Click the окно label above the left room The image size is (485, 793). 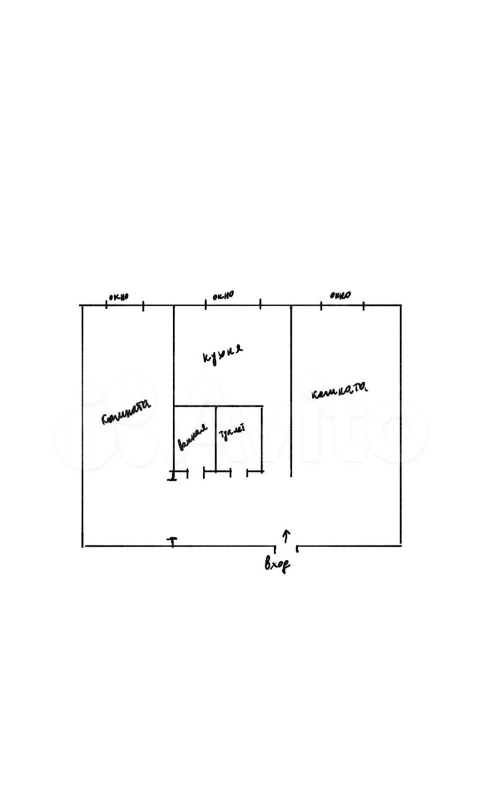[x=118, y=297]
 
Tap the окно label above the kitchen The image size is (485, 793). [x=223, y=296]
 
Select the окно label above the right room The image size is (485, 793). [x=340, y=295]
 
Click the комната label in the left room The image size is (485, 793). [x=126, y=411]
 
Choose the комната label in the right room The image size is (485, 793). [x=340, y=390]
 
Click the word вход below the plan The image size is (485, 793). [x=277, y=564]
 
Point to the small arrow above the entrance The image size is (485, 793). [x=286, y=535]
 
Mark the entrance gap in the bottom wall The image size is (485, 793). [x=287, y=546]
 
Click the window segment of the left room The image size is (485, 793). [x=125, y=305]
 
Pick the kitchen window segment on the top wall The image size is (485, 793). [x=233, y=305]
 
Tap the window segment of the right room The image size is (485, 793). [x=342, y=305]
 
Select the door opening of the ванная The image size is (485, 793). [x=196, y=473]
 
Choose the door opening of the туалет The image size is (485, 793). [x=238, y=473]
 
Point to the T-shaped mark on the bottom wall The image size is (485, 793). [x=172, y=542]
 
